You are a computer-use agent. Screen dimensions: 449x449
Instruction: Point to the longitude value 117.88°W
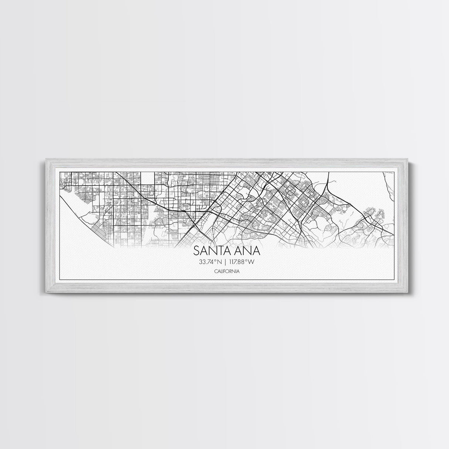pyautogui.click(x=243, y=262)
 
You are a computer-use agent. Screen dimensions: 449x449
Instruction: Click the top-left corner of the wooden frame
pyautogui.click(x=46, y=159)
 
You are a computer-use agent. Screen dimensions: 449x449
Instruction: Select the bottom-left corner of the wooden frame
pyautogui.click(x=46, y=292)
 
